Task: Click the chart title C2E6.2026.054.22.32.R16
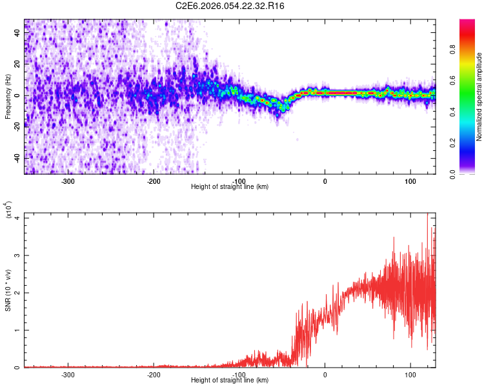pyautogui.click(x=230, y=6)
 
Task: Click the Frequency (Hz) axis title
pyautogui.click(x=8, y=97)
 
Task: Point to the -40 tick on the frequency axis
pyautogui.click(x=16, y=158)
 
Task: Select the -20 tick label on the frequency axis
pyautogui.click(x=16, y=127)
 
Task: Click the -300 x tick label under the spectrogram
pyautogui.click(x=68, y=181)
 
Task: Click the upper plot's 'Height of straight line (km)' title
pyautogui.click(x=230, y=187)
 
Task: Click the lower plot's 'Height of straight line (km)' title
pyautogui.click(x=230, y=381)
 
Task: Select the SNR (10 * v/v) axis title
pyautogui.click(x=8, y=290)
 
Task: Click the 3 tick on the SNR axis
pyautogui.click(x=19, y=255)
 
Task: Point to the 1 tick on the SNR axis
pyautogui.click(x=19, y=330)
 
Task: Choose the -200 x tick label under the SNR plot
pyautogui.click(x=154, y=375)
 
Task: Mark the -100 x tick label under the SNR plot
pyautogui.click(x=239, y=375)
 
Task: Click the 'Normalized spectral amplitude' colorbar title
pyautogui.click(x=479, y=97)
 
